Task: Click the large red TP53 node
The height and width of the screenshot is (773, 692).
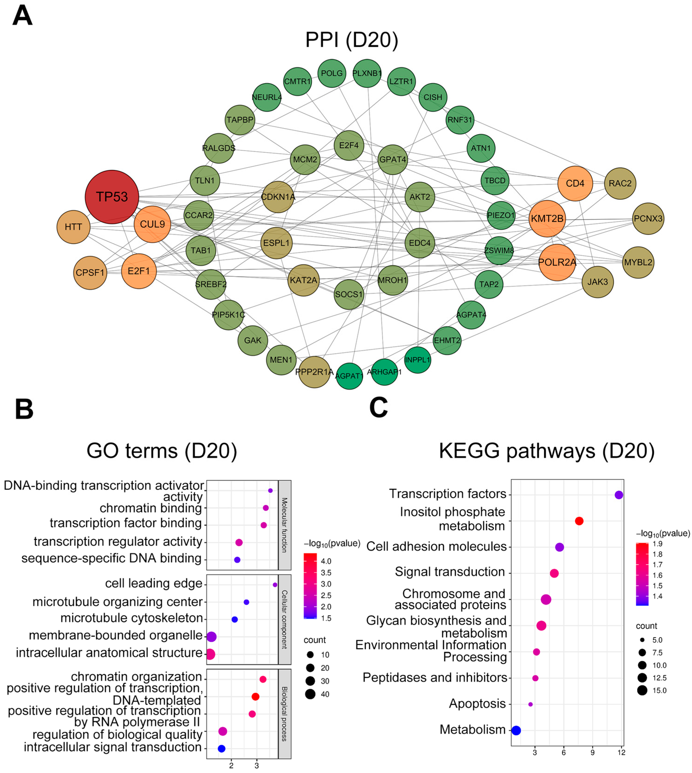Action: coord(112,197)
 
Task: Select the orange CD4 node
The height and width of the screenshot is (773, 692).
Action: coord(575,183)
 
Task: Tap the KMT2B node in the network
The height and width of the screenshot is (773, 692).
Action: coord(547,219)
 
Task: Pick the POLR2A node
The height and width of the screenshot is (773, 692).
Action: coord(557,262)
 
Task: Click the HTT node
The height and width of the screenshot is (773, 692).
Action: coord(73,227)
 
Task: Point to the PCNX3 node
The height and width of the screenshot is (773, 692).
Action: coord(648,219)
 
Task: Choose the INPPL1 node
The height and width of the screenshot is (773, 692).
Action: coord(418,360)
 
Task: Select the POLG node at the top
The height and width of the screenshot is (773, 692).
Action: coord(332,73)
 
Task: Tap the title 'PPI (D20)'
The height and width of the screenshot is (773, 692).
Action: coord(352,39)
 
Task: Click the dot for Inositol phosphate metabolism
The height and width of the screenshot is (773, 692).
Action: coord(579,521)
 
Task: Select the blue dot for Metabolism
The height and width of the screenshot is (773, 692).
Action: coord(516,730)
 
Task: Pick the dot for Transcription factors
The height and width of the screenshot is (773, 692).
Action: coord(619,495)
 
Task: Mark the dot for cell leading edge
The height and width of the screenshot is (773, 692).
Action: coord(275,585)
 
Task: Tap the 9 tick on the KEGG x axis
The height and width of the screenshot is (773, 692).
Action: coord(592,752)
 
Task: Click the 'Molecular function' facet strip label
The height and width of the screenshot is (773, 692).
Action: coord(284,525)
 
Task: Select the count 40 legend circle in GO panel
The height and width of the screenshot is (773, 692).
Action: coord(310,694)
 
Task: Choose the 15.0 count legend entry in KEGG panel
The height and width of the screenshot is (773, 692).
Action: coord(642,690)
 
